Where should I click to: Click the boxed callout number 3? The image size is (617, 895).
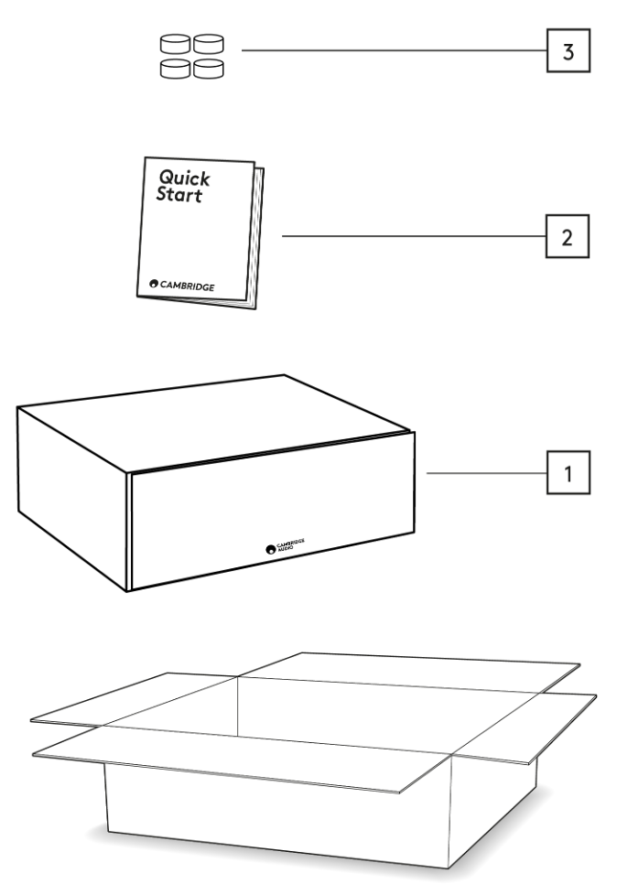coord(568,51)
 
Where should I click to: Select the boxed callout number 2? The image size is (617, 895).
coord(568,237)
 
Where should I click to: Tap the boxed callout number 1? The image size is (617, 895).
coord(568,473)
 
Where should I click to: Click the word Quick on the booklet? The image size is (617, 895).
coord(184,177)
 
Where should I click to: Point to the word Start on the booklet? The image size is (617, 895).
coord(179,195)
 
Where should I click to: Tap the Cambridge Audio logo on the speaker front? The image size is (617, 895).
coord(285,546)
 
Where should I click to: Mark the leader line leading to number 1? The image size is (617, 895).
coord(486,473)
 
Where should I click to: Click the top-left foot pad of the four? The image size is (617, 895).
coord(176,42)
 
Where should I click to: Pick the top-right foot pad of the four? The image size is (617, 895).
coord(209,42)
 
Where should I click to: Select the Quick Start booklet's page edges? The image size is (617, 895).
coord(258,238)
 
